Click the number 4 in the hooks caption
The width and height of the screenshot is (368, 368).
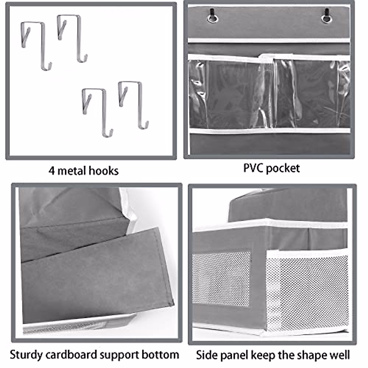coord(52,171)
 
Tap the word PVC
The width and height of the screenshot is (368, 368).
coord(253,168)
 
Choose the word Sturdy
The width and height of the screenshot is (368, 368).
coord(26,355)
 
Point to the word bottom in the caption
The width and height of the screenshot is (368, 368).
coord(160,355)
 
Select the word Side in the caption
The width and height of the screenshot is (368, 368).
coord(206,355)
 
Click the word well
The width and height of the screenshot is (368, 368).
coord(339,355)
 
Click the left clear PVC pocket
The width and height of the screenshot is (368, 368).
coord(230,94)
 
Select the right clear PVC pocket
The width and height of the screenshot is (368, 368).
coord(313,94)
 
